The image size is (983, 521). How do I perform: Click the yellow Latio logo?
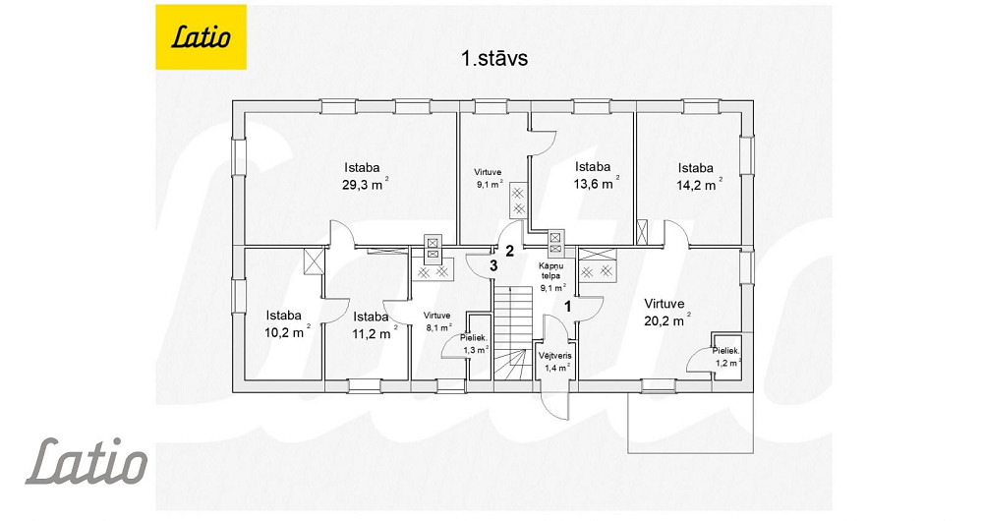click(x=201, y=37)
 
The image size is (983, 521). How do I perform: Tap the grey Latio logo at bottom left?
click(x=87, y=462)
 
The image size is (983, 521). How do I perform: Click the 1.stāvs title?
click(x=494, y=58)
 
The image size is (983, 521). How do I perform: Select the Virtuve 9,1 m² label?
click(x=489, y=178)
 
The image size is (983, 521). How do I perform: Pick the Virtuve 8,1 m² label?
click(x=437, y=321)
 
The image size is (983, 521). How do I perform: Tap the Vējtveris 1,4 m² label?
click(x=554, y=362)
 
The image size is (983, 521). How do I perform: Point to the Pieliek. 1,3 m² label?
click(x=475, y=344)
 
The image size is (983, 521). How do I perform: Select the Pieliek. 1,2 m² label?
click(x=727, y=356)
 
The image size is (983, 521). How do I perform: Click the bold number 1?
click(x=568, y=307)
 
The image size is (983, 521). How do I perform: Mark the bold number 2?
click(x=509, y=252)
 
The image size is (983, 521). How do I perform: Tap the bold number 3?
click(x=493, y=265)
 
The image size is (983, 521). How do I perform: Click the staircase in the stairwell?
click(x=512, y=332)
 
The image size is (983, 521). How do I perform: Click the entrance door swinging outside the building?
click(x=554, y=405)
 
